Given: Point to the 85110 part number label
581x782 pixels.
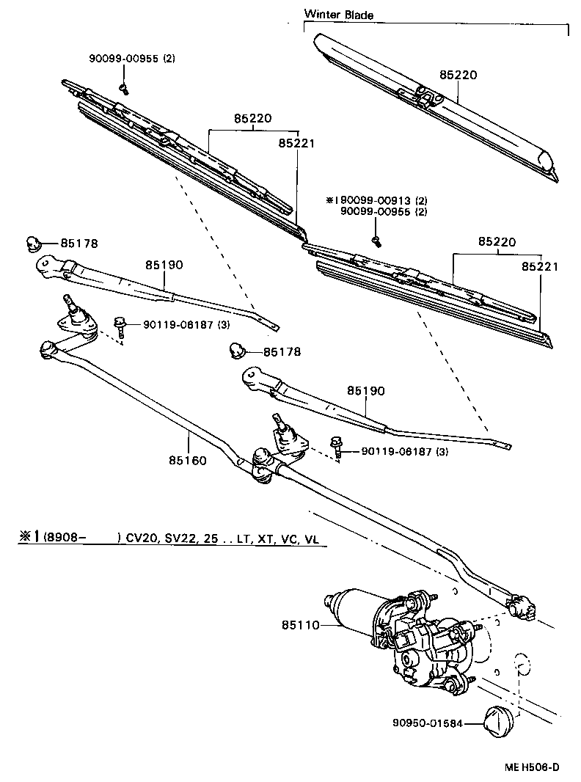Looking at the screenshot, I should [300, 625].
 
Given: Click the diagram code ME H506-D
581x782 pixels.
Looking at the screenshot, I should [531, 767].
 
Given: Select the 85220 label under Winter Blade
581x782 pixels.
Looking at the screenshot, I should [458, 76].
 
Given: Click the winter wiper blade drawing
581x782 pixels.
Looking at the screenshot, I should [433, 103].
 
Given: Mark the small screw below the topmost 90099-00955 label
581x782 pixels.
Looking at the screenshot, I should [123, 89].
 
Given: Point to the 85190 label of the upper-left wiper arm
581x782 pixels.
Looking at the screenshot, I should [163, 264].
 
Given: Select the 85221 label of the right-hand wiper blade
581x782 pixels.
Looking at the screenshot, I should [540, 267].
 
